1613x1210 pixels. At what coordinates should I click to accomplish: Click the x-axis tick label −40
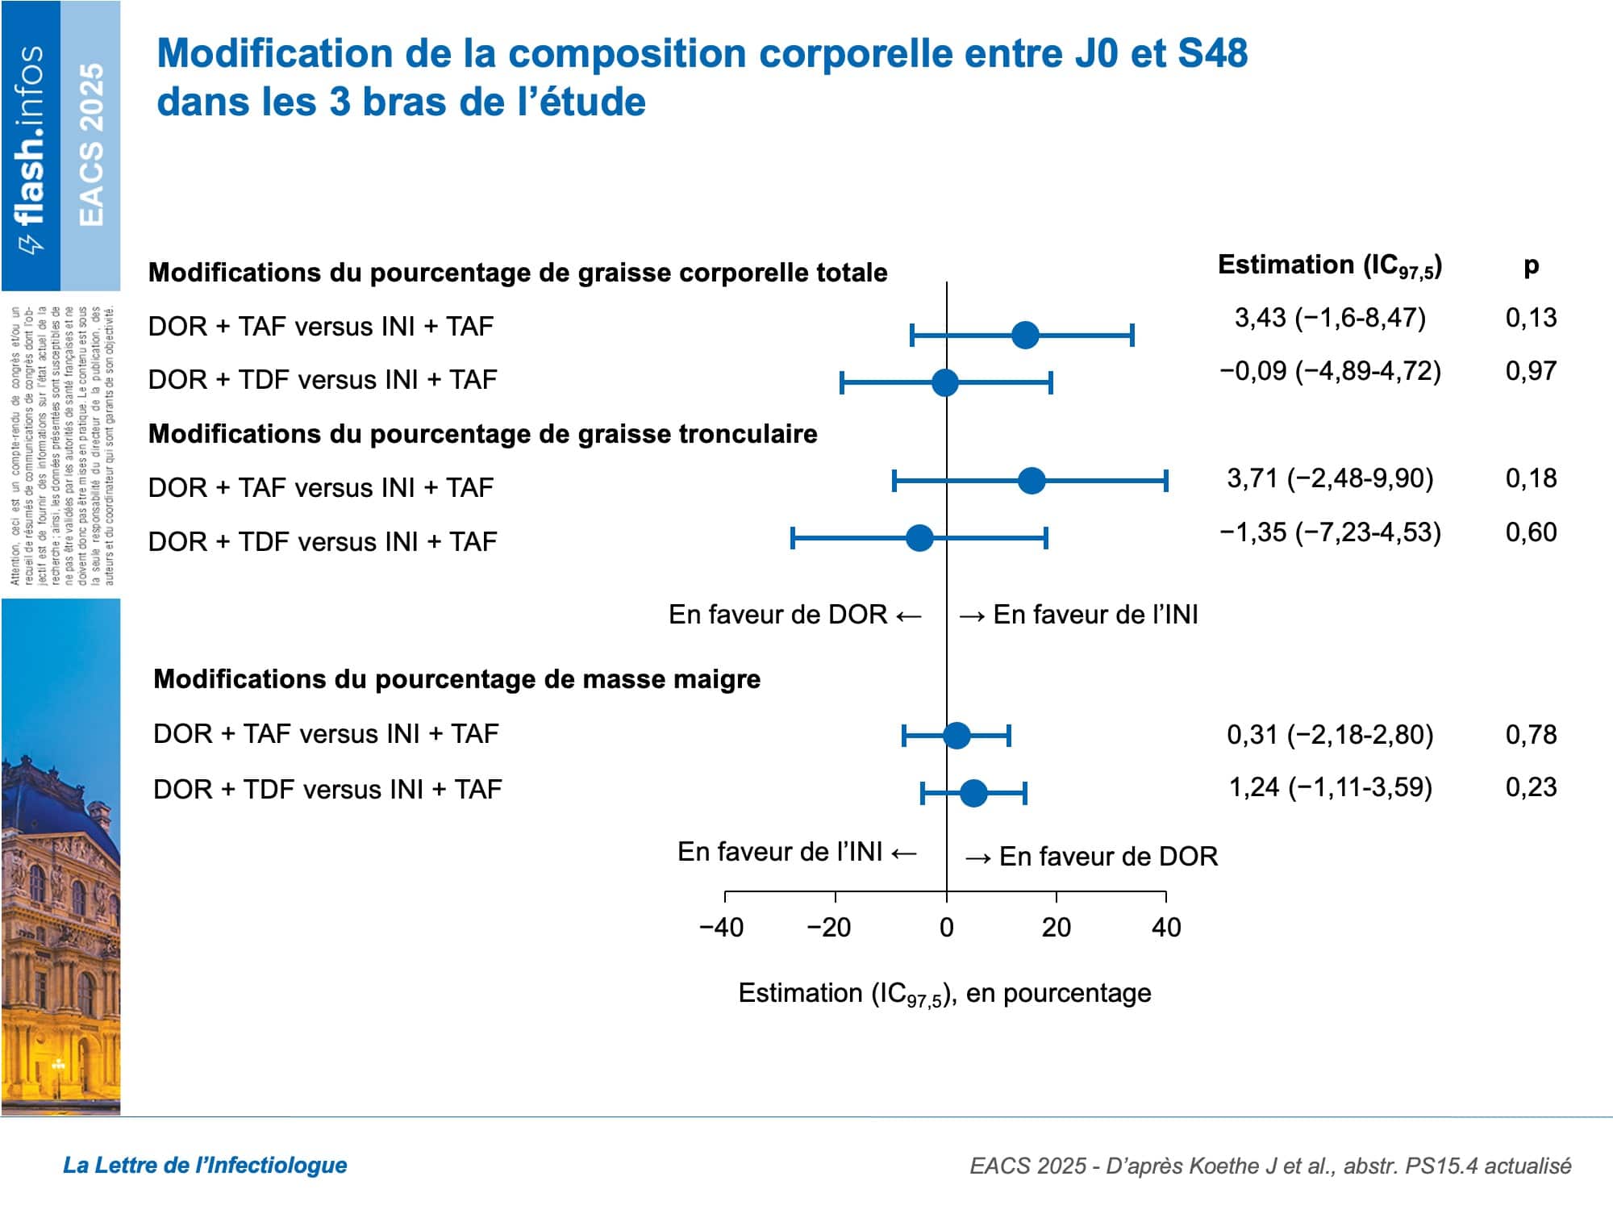[722, 928]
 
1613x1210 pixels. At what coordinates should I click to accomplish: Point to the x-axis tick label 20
[1056, 928]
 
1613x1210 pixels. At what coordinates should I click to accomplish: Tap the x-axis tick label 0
[946, 928]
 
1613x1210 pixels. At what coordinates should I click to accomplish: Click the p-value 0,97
[1531, 371]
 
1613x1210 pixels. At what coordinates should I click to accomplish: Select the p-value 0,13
[1531, 318]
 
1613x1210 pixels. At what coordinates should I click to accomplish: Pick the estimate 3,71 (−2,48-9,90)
[1330, 478]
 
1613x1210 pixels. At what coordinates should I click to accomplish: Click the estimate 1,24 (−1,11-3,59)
[1330, 787]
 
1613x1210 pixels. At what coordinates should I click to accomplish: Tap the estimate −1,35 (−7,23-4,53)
[1330, 532]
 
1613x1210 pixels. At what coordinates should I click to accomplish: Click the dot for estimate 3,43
[1025, 335]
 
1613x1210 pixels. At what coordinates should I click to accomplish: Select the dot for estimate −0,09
[944, 382]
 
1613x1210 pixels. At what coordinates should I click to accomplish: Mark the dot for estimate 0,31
[957, 736]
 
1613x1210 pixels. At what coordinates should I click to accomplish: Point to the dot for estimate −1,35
[919, 538]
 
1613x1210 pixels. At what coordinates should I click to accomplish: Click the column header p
[1531, 265]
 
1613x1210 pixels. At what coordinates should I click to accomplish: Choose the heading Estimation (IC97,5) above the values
[1330, 266]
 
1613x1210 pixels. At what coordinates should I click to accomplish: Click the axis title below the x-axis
[944, 994]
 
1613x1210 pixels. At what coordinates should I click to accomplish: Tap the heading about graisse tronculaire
[482, 434]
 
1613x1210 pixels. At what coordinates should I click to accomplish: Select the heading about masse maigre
[456, 679]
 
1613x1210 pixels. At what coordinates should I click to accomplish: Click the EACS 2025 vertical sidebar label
[91, 145]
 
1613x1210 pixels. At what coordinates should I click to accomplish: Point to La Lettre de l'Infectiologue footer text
[205, 1165]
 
